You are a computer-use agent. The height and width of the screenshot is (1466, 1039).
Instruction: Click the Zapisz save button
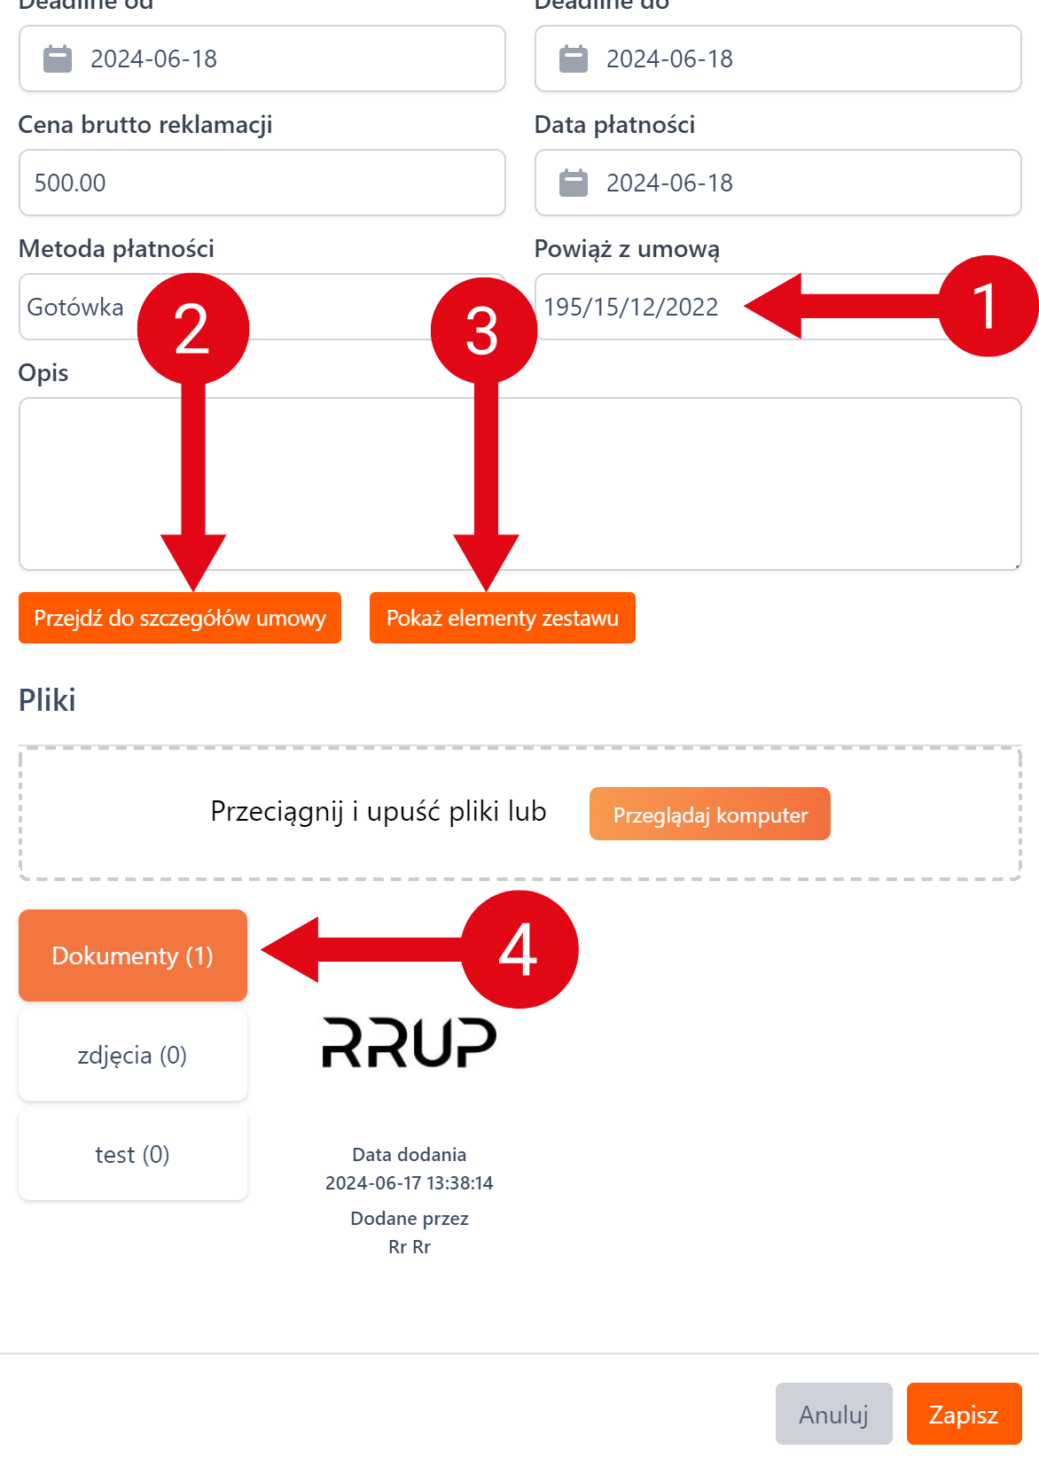click(x=964, y=1414)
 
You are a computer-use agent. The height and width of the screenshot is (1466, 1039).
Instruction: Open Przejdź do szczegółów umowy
click(x=180, y=618)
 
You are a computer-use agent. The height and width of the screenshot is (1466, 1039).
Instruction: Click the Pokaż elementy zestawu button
click(x=502, y=618)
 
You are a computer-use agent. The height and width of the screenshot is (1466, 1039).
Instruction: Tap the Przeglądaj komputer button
click(x=709, y=814)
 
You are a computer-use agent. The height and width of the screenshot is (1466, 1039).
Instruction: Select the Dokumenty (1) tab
click(x=133, y=955)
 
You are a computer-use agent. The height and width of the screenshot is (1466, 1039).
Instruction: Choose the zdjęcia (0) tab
click(x=133, y=1055)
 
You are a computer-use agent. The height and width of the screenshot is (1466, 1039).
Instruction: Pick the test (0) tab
click(x=133, y=1154)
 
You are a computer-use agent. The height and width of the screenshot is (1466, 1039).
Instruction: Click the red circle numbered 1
click(x=988, y=307)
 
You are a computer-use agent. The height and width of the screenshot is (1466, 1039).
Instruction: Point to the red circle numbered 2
click(x=193, y=329)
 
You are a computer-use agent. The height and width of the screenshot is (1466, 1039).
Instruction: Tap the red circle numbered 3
click(x=483, y=331)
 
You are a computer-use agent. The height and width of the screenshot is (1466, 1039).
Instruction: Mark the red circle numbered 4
click(x=519, y=949)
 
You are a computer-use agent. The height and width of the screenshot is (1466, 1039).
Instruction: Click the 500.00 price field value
click(x=71, y=183)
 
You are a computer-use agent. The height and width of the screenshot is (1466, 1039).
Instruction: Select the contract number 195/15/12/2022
click(x=631, y=307)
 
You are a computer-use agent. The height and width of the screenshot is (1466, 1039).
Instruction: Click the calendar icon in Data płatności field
click(x=574, y=183)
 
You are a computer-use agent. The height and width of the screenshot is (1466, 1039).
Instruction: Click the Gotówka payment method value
click(x=76, y=307)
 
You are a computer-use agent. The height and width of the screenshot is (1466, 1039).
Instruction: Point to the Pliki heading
click(x=47, y=699)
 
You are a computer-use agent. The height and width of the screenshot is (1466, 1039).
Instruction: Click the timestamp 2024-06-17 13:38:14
click(x=409, y=1182)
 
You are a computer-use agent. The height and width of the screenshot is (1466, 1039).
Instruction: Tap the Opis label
click(x=43, y=372)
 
